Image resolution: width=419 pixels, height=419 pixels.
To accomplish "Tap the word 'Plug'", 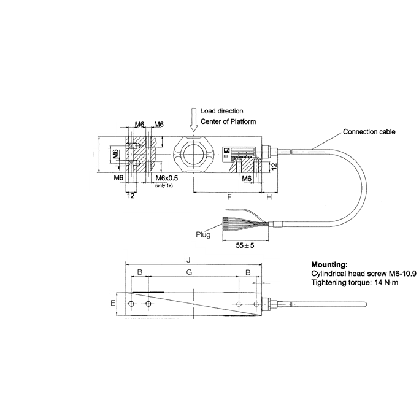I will (202, 234).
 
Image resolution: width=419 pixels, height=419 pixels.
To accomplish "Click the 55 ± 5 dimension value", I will (245, 245).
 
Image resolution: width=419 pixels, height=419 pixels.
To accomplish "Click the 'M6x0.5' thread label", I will (161, 179).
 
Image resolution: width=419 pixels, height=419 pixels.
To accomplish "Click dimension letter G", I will (189, 271).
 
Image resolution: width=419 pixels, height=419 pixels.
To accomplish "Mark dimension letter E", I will (112, 303).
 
